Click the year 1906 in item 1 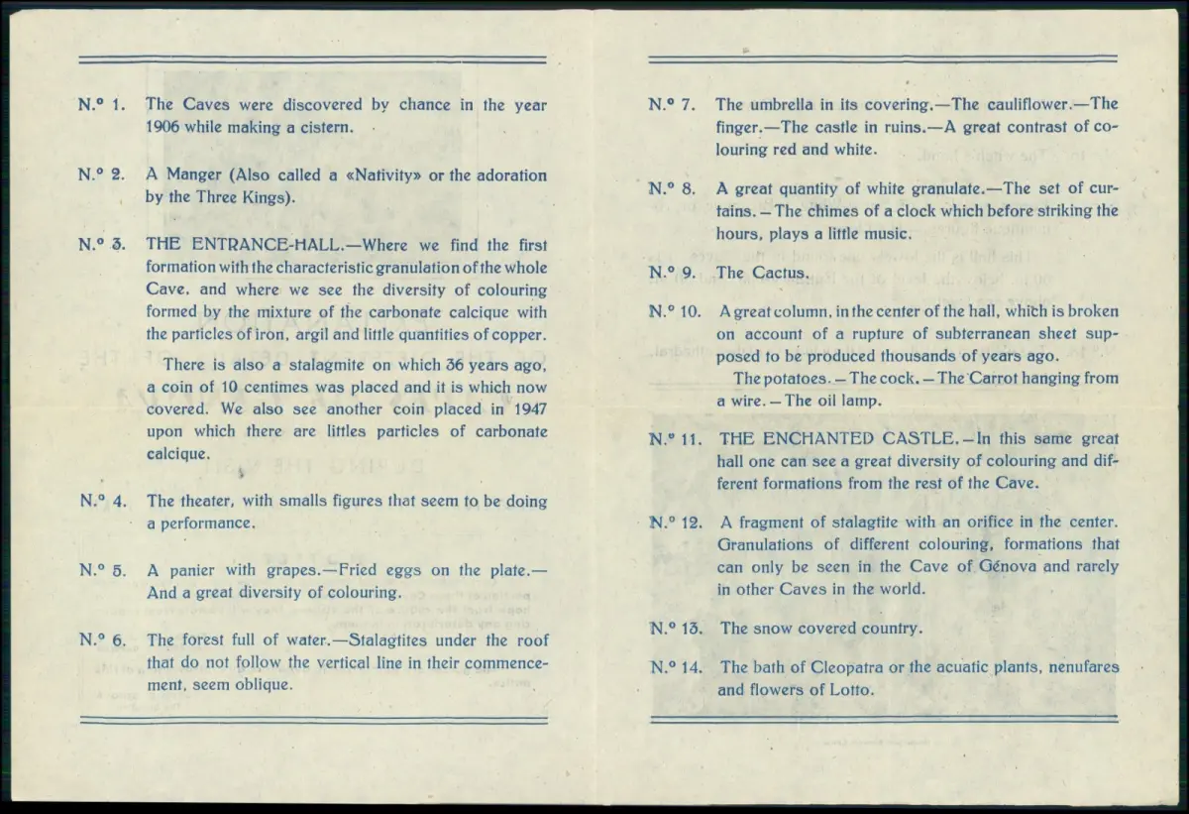click(x=162, y=127)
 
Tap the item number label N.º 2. click(x=101, y=174)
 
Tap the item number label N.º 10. click(x=675, y=311)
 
